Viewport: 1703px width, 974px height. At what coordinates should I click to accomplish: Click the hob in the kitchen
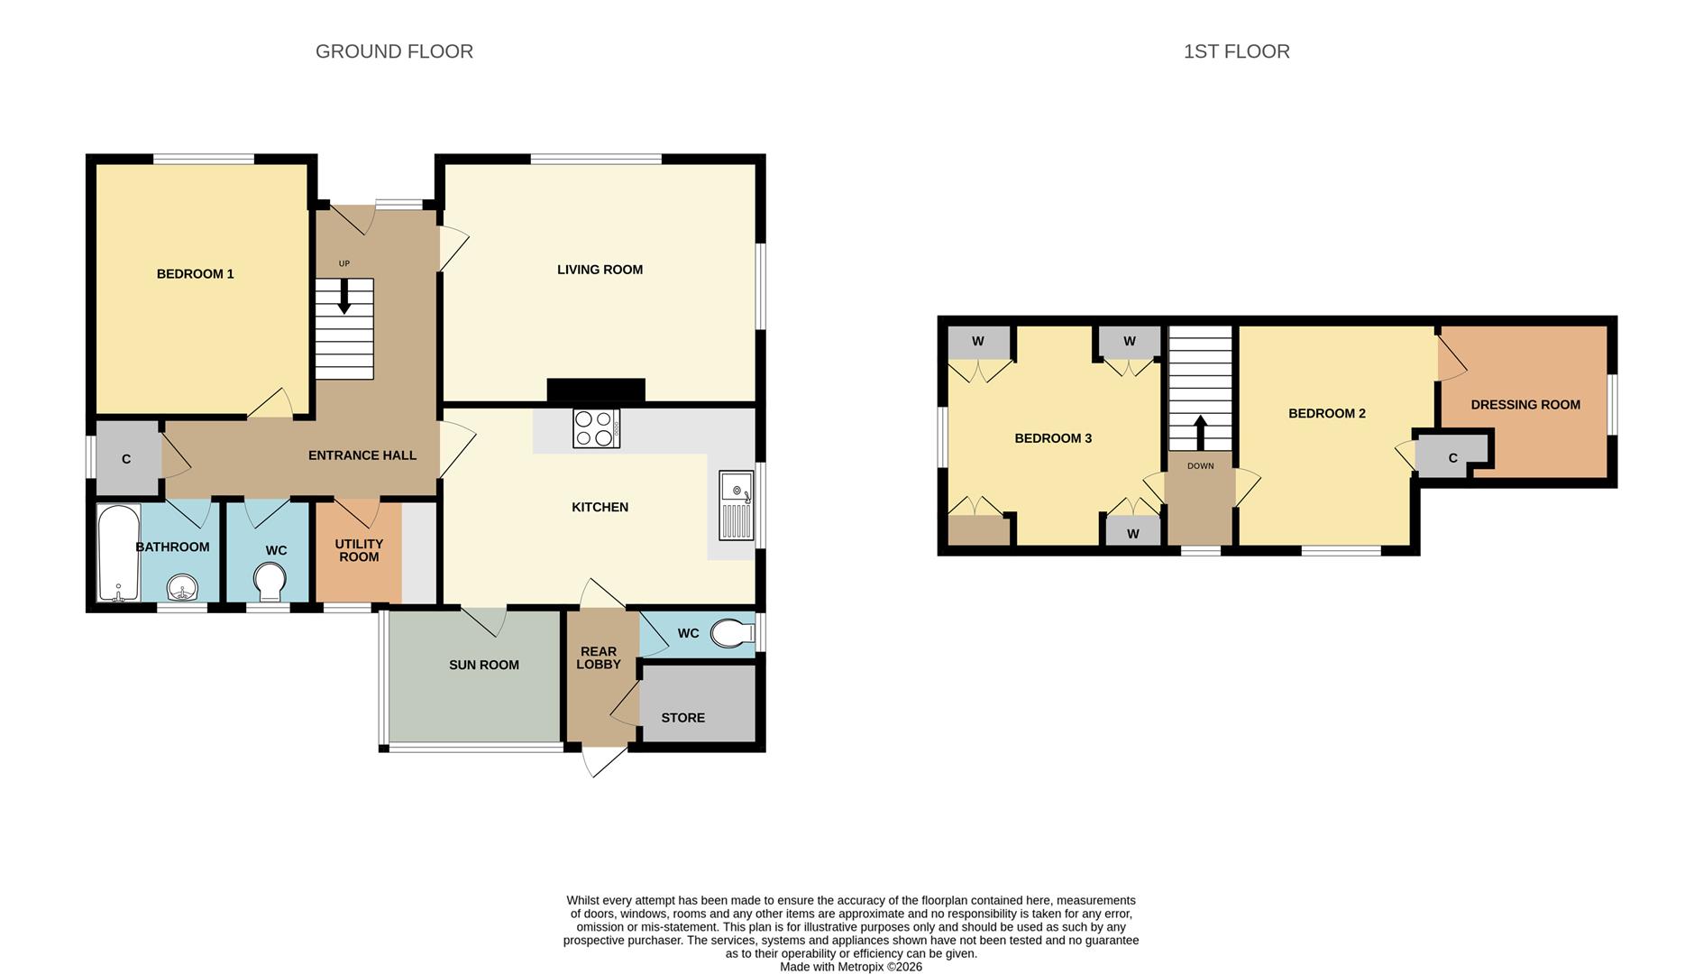[596, 428]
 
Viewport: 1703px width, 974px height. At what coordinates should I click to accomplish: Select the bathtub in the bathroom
[118, 553]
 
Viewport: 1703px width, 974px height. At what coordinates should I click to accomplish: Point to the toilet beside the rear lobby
[732, 634]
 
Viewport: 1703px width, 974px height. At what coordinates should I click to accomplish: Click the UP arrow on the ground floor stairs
[343, 296]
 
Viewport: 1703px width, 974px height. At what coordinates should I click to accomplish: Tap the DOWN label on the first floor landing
[1200, 466]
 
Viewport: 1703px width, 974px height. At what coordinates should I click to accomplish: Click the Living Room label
[600, 270]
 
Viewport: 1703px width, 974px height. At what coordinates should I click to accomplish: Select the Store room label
[682, 718]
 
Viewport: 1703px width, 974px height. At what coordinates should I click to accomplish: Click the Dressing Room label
[1524, 405]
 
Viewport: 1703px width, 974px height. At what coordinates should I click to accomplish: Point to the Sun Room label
[483, 666]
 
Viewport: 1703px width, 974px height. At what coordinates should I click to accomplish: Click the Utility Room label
[359, 550]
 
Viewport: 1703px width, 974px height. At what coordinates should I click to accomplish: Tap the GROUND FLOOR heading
[394, 51]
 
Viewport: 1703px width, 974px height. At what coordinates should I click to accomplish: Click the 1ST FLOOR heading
[1236, 51]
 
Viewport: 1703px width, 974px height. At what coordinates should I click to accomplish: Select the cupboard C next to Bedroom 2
[1452, 458]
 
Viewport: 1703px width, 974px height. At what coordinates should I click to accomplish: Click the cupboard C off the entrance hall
[126, 459]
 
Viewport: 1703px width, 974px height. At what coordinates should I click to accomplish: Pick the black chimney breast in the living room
[596, 390]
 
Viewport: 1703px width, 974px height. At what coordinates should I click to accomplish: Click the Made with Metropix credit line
[850, 967]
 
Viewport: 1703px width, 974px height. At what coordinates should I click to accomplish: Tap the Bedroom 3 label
[1052, 438]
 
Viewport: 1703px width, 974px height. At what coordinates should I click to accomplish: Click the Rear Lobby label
[599, 657]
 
